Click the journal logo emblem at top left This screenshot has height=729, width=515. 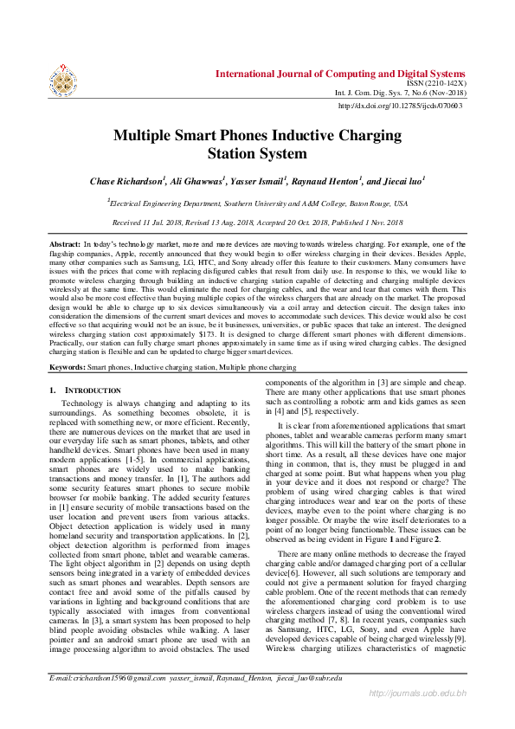[x=62, y=79]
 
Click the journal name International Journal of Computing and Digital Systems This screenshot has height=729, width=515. [x=339, y=74]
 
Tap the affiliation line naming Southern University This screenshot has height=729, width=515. [x=257, y=203]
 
